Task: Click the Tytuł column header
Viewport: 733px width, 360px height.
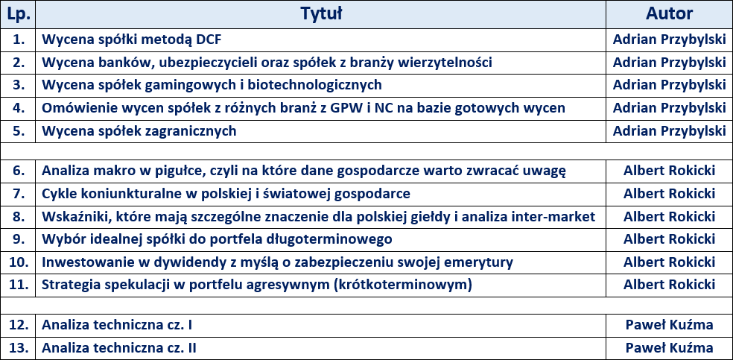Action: coord(320,13)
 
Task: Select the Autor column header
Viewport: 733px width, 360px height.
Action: coord(669,13)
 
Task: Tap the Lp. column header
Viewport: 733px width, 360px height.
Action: coord(19,14)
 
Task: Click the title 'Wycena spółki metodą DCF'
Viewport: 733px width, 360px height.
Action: coord(131,40)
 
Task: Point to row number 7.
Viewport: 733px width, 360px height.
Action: coord(19,194)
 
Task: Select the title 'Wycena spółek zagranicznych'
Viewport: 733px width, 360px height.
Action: coord(139,131)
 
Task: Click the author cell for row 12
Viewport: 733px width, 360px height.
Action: coord(669,325)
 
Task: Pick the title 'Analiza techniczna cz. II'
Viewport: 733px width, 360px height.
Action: coord(119,348)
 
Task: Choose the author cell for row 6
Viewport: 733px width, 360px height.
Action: coord(669,171)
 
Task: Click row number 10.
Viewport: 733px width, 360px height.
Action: coord(19,262)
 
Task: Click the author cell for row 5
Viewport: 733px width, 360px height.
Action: coord(669,131)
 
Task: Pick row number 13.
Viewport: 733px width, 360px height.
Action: coord(19,348)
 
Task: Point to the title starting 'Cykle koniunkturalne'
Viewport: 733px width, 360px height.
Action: coord(226,194)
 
